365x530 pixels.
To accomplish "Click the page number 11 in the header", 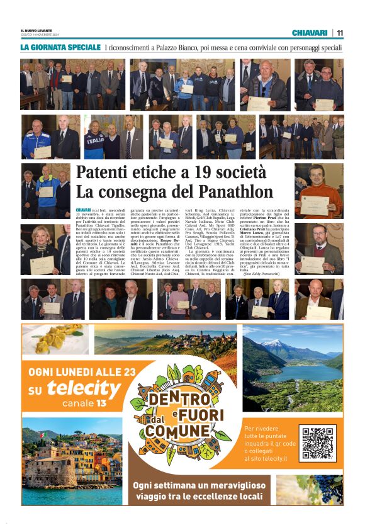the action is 340,33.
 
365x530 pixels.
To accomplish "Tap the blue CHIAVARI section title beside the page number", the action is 310,33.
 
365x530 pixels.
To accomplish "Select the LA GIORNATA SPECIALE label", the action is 60,47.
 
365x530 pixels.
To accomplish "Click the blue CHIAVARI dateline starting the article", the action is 83,210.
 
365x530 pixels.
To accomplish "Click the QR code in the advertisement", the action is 318,443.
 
